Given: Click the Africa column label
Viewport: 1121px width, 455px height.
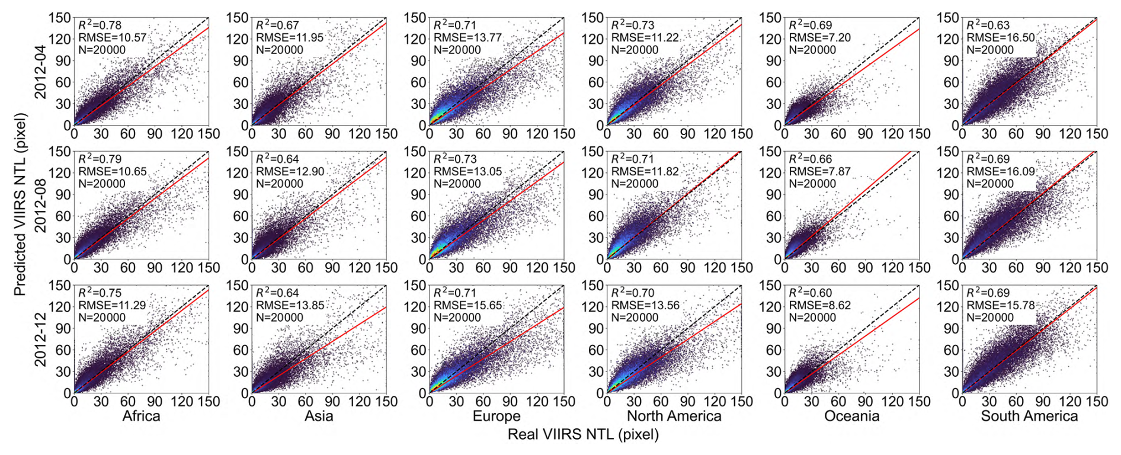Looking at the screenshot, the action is [x=141, y=416].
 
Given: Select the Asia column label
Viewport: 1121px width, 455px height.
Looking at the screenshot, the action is [x=319, y=416].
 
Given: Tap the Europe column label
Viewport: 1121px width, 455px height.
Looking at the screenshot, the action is [x=497, y=416].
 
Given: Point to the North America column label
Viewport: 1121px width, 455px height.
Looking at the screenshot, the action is [x=674, y=416].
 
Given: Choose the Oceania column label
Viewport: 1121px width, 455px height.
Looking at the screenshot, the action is [x=852, y=416].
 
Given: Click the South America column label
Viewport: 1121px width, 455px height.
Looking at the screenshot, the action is [x=1030, y=416].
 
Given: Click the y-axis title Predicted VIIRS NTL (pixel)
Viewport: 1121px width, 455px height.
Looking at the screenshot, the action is [x=20, y=204].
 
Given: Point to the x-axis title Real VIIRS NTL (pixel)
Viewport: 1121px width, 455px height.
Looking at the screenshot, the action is [x=583, y=435].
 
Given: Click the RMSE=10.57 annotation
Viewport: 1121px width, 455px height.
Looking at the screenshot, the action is [x=112, y=37].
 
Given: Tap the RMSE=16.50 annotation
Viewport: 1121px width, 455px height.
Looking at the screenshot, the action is [x=1001, y=37].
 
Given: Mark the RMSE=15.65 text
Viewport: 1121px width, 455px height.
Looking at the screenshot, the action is [x=467, y=305].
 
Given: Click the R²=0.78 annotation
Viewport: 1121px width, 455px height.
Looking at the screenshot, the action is [x=100, y=24].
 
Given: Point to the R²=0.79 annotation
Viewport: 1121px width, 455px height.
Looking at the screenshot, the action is [x=100, y=158].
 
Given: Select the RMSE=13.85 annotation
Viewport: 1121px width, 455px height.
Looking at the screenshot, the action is [x=290, y=305].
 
